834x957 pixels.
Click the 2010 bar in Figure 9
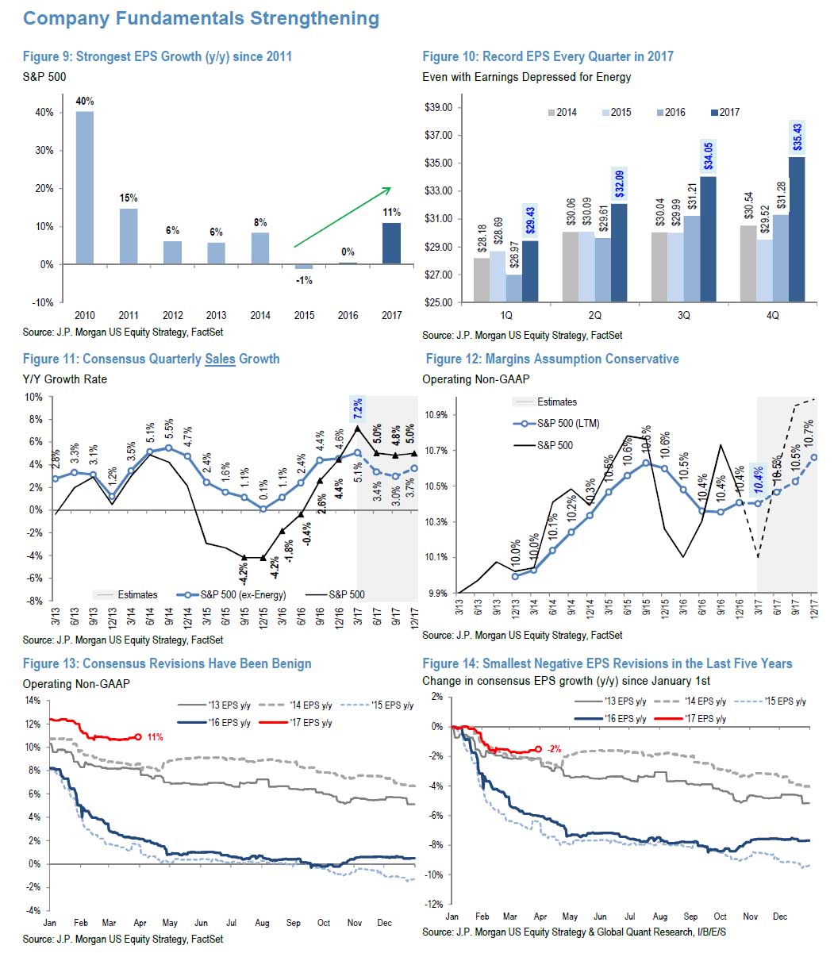85,187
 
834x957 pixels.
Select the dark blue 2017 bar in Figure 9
392,243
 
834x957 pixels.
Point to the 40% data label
85,102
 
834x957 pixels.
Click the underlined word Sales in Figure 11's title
221,359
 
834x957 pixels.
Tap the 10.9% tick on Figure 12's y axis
436,415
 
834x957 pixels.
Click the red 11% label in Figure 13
155,737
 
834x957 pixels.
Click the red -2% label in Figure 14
554,749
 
